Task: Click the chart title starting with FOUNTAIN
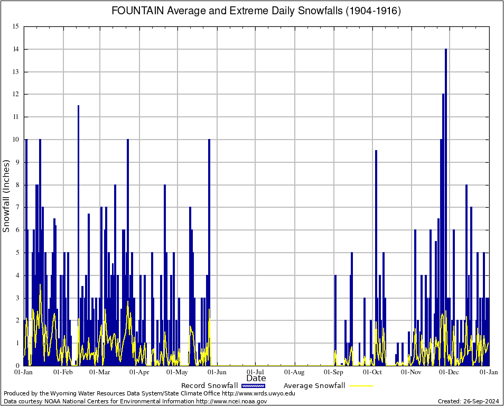(256, 11)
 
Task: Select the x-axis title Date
(256, 379)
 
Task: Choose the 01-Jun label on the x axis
(217, 372)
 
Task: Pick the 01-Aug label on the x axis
(294, 372)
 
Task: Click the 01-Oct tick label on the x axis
(372, 372)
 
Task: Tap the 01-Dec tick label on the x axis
(450, 372)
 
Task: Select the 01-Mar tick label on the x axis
(99, 372)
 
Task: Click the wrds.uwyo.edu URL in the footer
(259, 393)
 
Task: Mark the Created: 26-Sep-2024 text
(468, 401)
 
